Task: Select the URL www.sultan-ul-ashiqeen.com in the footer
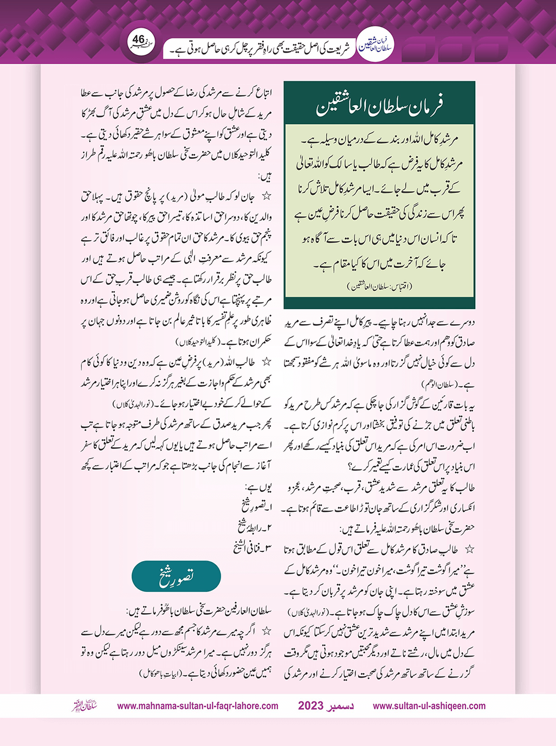[429, 706]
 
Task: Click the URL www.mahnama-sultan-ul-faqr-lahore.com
[198, 706]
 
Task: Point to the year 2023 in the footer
[311, 706]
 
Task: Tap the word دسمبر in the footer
[341, 706]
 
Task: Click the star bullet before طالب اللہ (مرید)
[266, 362]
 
